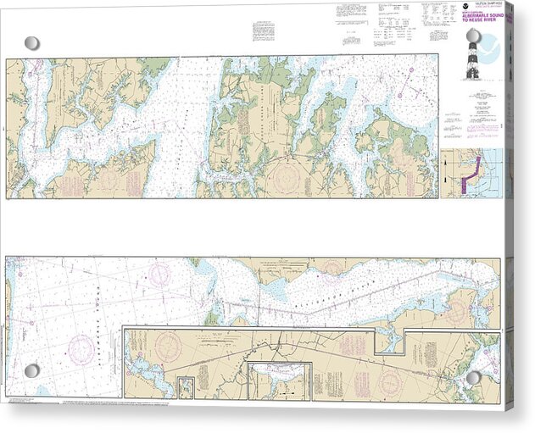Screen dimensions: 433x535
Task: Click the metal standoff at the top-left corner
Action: click(31, 42)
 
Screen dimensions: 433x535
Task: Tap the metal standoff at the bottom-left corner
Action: click(31, 371)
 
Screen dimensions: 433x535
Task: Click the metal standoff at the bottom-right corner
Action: click(474, 376)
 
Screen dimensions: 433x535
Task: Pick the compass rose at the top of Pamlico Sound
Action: click(159, 273)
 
